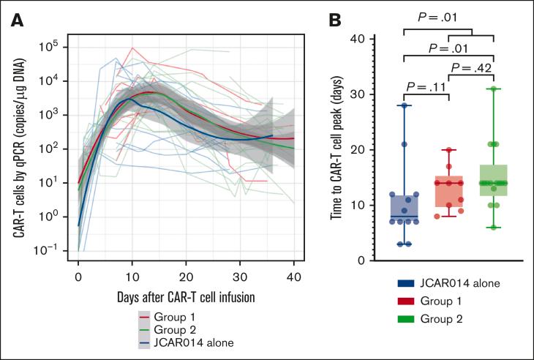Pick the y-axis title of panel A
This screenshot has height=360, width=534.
(x=20, y=146)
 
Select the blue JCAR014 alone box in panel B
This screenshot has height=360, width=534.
(x=404, y=209)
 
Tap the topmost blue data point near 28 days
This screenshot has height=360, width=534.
(x=404, y=105)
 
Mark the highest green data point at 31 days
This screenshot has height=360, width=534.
(x=494, y=89)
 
